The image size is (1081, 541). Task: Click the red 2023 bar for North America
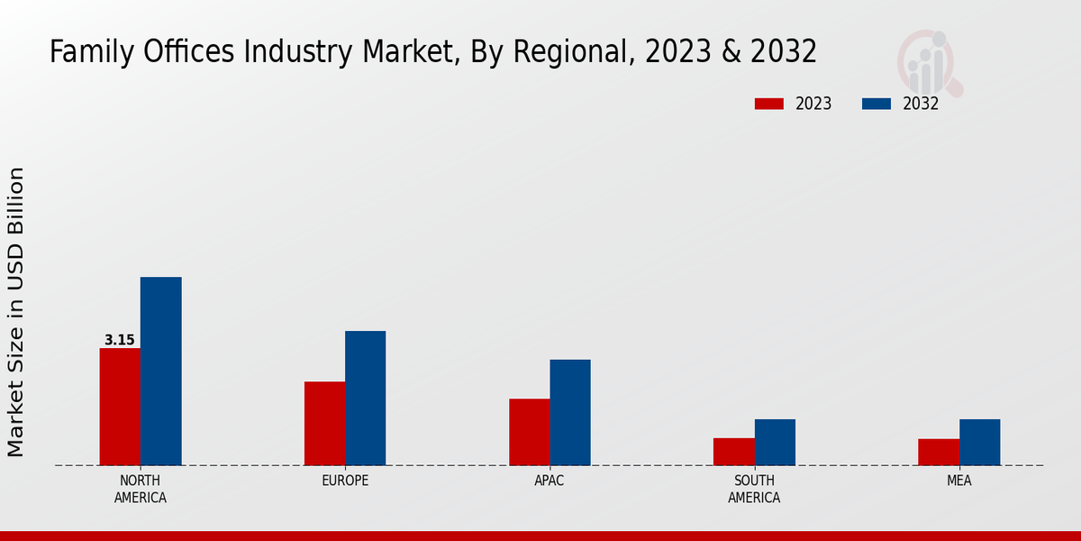[x=120, y=407]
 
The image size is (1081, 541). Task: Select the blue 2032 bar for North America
[x=160, y=371]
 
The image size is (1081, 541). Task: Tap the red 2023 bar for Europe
[x=324, y=423]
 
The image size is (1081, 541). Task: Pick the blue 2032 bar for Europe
[x=365, y=398]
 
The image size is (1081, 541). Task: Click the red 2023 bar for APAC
[x=529, y=432]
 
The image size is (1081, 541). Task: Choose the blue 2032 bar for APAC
[x=570, y=412]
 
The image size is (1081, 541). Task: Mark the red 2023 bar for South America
[x=733, y=452]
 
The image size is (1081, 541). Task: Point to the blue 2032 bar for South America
[x=775, y=442]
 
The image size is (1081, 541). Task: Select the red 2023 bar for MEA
[x=939, y=452]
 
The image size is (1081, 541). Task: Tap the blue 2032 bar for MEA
[x=979, y=442]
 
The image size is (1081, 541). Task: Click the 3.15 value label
[x=119, y=340]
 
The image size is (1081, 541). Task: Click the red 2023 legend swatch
[x=768, y=104]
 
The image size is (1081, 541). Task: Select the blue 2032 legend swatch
[x=876, y=104]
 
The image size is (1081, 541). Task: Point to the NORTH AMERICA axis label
[x=140, y=489]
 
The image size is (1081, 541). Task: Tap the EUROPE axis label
[x=345, y=481]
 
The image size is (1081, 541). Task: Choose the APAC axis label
[x=550, y=481]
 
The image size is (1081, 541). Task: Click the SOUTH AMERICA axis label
[x=754, y=489]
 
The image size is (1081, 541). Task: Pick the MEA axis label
[x=958, y=481]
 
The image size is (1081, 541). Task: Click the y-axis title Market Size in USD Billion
[x=16, y=311]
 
